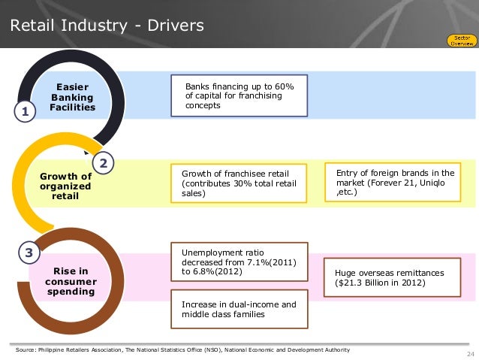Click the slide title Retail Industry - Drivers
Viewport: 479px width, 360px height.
(x=107, y=26)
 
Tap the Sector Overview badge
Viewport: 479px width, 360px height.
(x=461, y=40)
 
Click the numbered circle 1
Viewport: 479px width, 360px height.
(x=25, y=113)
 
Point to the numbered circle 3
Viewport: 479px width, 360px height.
(x=29, y=253)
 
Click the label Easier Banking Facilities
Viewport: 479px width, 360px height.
(x=72, y=97)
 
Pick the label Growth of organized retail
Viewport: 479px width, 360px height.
(x=65, y=186)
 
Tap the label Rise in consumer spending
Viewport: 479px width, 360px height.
(x=71, y=280)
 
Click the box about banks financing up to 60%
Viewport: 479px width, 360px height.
(x=239, y=95)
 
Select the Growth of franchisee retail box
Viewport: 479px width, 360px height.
(x=239, y=182)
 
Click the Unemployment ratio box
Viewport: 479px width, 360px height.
(x=239, y=262)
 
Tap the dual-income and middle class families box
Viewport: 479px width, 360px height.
(x=239, y=310)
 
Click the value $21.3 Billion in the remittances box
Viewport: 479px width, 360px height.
(x=366, y=283)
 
